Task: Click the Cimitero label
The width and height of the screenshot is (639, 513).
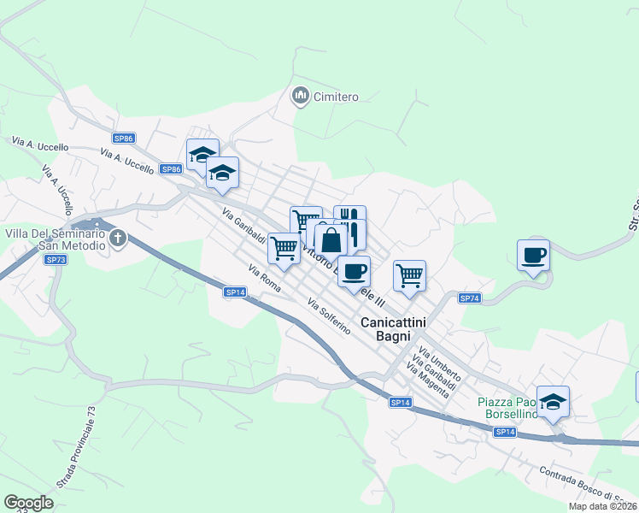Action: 335,97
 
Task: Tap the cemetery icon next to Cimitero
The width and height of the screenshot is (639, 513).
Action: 300,96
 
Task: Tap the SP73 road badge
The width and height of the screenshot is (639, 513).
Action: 56,259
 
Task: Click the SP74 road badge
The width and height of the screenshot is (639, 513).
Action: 470,298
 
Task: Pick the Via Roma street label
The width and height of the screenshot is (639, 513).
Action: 265,280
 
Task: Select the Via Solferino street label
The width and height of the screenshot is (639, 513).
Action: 329,315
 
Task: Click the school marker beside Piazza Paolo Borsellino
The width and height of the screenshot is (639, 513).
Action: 553,401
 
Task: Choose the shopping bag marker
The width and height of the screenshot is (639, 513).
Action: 331,239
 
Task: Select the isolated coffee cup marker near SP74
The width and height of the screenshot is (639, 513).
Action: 533,255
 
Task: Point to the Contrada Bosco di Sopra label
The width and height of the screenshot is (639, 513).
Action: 589,486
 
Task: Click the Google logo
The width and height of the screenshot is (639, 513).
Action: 28,503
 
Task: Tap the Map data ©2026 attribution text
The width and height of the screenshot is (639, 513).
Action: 603,506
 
